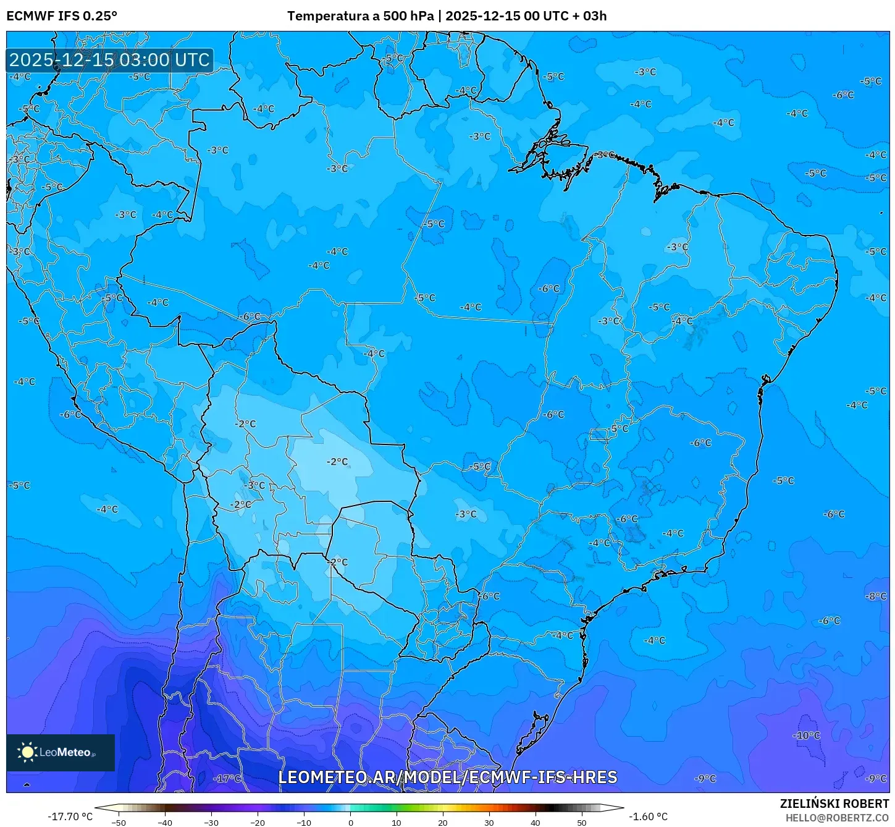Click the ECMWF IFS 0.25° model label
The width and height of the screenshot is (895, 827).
click(62, 16)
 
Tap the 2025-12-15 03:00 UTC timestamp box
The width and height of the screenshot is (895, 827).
click(109, 60)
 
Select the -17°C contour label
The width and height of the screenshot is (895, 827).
click(227, 779)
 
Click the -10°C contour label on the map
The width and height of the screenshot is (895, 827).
click(806, 736)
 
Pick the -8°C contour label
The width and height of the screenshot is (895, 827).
click(875, 596)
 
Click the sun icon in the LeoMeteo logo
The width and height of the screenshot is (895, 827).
click(27, 752)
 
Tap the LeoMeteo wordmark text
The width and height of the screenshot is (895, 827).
click(65, 752)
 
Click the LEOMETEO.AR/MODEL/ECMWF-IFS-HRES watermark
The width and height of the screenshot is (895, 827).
click(447, 777)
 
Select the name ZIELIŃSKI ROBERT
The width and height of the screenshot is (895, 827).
click(834, 804)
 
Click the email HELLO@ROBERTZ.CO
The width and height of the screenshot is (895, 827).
click(837, 818)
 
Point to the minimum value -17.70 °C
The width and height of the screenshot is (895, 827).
click(70, 816)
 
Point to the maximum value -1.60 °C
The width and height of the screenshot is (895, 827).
click(648, 816)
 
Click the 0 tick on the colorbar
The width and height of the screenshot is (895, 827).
click(350, 823)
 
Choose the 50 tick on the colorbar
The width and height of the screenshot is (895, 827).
click(582, 823)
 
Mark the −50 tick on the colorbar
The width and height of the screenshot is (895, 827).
click(118, 823)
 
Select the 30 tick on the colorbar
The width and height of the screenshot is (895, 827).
click(489, 823)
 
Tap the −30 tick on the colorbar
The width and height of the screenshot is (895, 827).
click(211, 823)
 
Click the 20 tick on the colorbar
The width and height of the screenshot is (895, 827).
click(443, 823)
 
